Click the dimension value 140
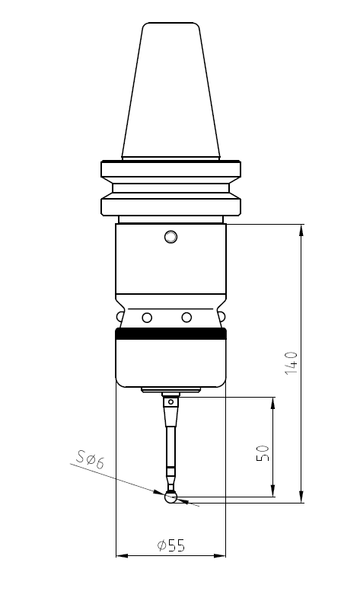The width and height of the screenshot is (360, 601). (x=291, y=363)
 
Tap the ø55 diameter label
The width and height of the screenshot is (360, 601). (x=170, y=545)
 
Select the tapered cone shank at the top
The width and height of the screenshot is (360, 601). (x=170, y=91)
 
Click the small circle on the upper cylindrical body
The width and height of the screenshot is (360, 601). (x=170, y=237)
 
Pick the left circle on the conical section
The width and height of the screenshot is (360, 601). (x=147, y=317)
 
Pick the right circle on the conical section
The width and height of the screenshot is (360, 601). (x=186, y=317)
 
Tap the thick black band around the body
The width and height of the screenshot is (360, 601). (x=170, y=333)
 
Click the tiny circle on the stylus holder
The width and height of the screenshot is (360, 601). (x=170, y=401)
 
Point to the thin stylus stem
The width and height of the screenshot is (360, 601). (x=170, y=453)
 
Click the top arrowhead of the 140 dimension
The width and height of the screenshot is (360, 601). (x=302, y=229)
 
